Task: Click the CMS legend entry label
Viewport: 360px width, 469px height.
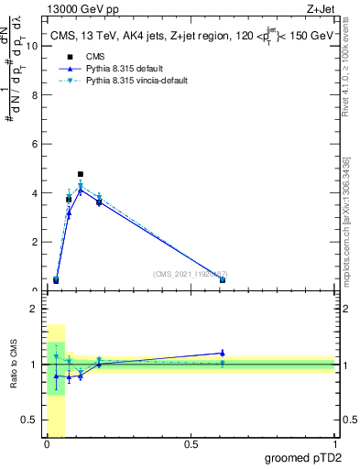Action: tap(83, 57)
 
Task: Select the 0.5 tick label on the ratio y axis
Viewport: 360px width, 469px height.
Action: tap(30, 420)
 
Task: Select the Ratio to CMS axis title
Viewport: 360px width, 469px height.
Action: tap(14, 365)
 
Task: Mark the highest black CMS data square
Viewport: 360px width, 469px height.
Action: tap(81, 174)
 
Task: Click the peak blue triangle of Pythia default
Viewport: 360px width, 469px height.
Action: tap(81, 191)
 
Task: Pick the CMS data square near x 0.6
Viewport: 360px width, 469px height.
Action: tap(223, 279)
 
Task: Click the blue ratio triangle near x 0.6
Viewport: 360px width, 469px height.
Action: tap(223, 353)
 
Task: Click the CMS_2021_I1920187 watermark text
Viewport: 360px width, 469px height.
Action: tap(191, 274)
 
